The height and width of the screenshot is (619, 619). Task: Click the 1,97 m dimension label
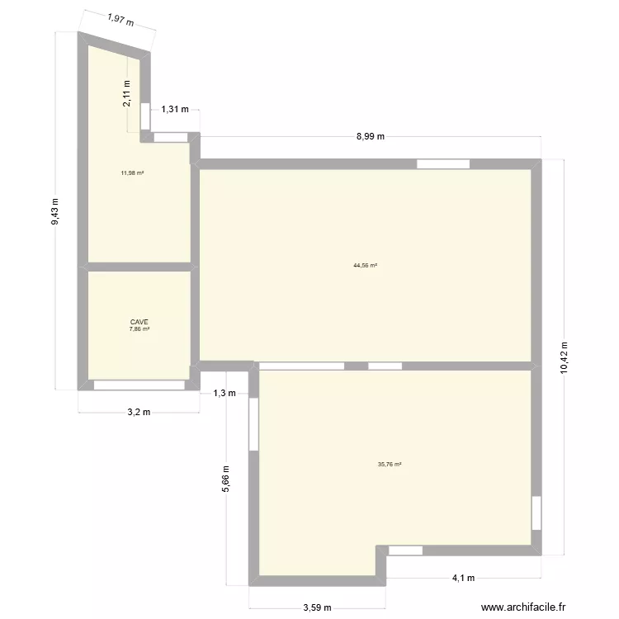point(120,19)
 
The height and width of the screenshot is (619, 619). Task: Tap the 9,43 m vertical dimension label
point(55,211)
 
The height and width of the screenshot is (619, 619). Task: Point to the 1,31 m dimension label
point(175,109)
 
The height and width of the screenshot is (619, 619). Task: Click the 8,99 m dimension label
point(371,137)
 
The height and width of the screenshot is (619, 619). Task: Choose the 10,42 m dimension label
point(565,358)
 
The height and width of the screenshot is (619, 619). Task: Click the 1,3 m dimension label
point(224,393)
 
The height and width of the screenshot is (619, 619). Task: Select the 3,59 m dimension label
point(317,607)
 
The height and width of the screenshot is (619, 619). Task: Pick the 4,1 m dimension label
point(463,578)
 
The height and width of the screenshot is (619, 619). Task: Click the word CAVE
point(139,323)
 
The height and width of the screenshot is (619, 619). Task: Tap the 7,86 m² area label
point(139,330)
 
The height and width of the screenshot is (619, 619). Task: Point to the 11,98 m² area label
point(132,172)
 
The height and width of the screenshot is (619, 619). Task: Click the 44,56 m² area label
point(365,266)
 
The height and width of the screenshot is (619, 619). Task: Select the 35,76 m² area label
point(390,465)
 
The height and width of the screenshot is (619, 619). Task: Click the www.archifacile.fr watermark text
point(524,607)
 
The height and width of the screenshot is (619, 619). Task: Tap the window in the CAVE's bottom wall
point(139,385)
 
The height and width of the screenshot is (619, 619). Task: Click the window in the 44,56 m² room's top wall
point(443,164)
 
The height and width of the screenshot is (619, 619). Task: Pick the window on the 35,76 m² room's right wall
point(536,513)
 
